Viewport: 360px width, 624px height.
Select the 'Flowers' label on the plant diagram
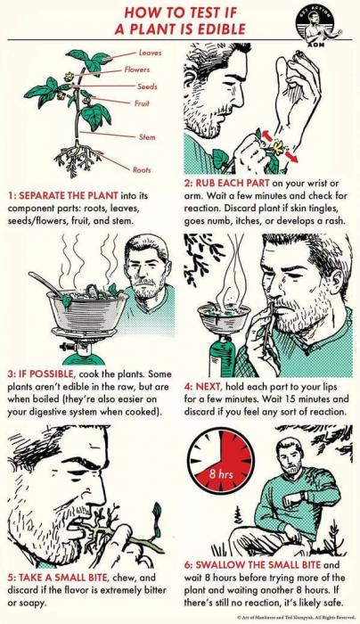coord(137,70)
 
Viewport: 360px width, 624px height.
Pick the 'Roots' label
coord(142,169)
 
